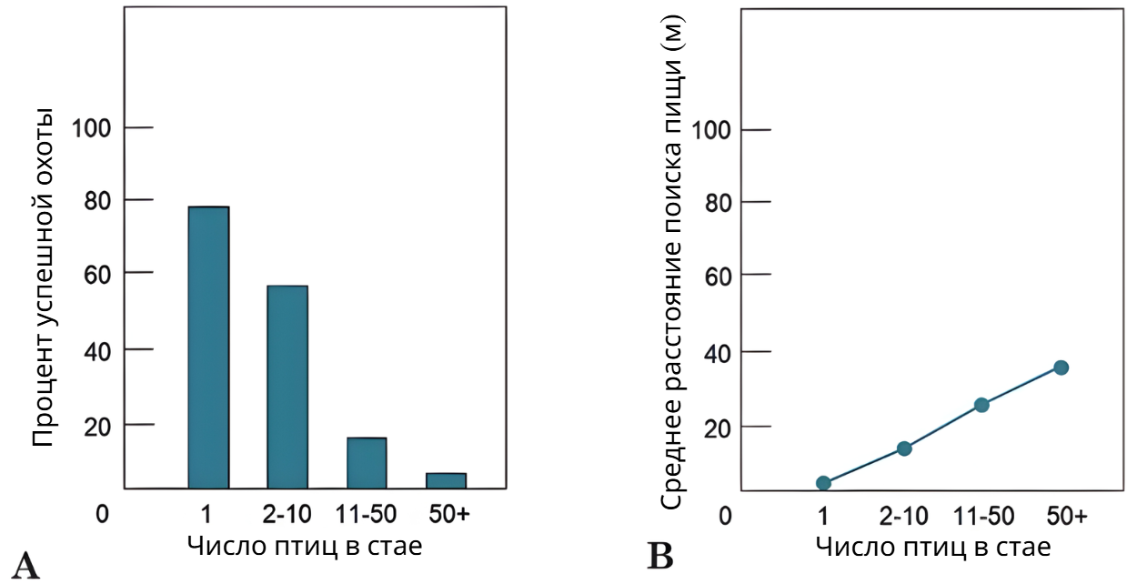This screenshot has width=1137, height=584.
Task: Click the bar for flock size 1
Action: click(208, 347)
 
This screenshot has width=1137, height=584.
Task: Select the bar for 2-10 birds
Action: click(287, 387)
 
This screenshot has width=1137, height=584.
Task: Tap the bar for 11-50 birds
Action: click(367, 463)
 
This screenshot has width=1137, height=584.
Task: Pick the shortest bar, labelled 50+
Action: click(447, 480)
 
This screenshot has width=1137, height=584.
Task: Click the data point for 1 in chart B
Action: click(823, 482)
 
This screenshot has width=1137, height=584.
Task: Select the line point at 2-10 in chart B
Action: click(904, 448)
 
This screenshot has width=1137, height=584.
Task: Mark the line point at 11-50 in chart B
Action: click(981, 405)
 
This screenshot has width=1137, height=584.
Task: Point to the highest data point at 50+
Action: click(1061, 368)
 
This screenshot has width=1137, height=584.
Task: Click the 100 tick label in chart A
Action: click(91, 128)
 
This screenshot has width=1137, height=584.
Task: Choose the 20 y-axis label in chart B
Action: click(718, 429)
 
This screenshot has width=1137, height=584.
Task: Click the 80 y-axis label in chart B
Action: click(718, 204)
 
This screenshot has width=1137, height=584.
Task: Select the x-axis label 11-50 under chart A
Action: click(366, 515)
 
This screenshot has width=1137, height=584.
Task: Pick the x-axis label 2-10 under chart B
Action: click(903, 516)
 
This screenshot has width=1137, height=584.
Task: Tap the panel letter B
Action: click(659, 556)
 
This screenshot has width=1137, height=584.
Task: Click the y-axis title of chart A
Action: click(43, 277)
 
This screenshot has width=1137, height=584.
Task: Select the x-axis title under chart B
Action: click(933, 548)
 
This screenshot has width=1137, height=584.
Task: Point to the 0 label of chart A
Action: click(103, 514)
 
